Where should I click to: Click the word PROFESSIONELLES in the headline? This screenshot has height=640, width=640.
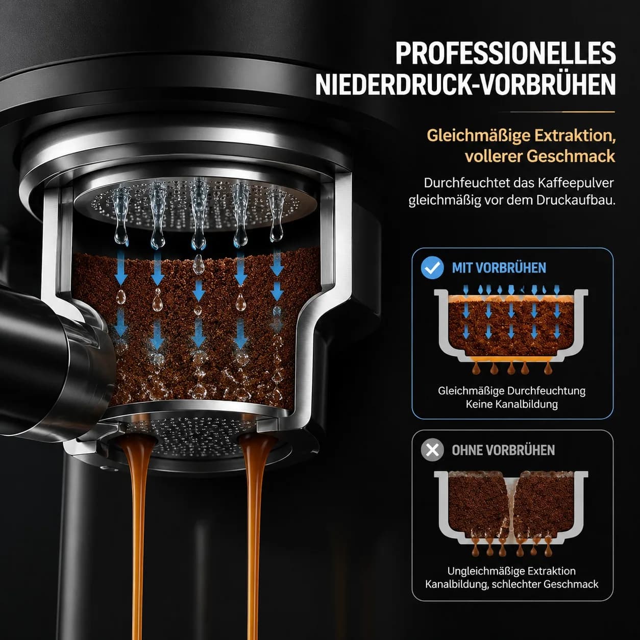point(505,53)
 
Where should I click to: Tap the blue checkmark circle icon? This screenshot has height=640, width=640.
point(432,267)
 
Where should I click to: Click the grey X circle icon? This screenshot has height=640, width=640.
point(432,450)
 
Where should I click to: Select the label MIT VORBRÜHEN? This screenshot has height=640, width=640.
point(499,268)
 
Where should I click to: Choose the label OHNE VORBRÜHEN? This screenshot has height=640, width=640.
point(503,450)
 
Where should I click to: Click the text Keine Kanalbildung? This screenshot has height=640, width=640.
point(511,404)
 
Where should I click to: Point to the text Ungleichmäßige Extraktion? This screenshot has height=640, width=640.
point(511,571)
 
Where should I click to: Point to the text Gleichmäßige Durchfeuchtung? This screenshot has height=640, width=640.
point(511,391)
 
